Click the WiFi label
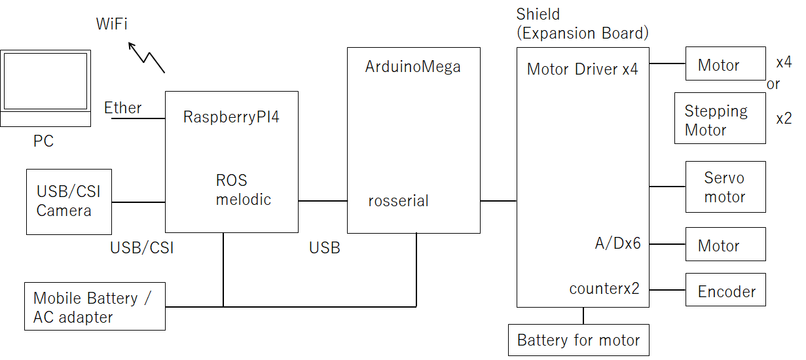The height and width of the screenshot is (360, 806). tap(112, 25)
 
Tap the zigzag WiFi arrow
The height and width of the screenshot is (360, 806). tap(146, 58)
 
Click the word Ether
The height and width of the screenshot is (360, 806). tap(123, 108)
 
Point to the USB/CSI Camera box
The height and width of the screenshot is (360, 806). tap(69, 202)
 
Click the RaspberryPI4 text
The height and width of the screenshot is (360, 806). tap(232, 117)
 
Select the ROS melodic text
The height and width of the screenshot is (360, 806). tap(243, 190)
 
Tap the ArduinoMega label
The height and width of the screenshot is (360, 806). tap(412, 67)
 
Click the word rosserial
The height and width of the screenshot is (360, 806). tap(398, 201)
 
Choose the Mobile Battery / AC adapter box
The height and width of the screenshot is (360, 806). tap(94, 306)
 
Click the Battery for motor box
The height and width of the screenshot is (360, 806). tap(579, 340)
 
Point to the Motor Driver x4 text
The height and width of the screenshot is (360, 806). tap(582, 69)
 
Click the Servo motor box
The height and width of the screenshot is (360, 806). tap(725, 187)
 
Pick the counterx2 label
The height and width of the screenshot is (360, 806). tap(604, 289)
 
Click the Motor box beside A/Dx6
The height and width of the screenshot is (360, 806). tap(725, 245)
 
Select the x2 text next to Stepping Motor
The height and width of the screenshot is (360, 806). tap(784, 118)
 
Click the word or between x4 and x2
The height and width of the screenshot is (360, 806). tap(773, 84)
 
